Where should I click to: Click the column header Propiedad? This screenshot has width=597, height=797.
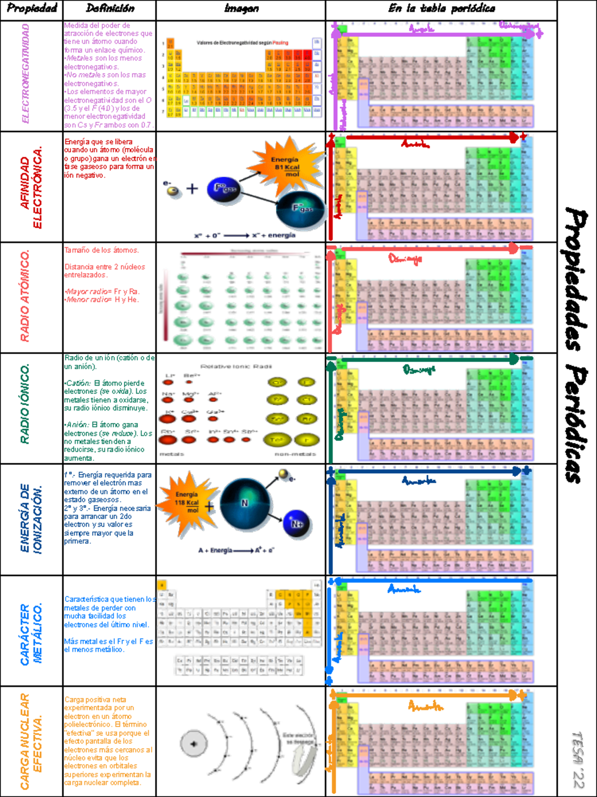coord(32,8)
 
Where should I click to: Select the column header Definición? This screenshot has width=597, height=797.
coord(110,8)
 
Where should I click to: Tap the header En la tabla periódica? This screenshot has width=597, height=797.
coord(441,8)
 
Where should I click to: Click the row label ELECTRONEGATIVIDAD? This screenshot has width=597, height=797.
coord(26,74)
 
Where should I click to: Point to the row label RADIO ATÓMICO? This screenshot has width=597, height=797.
coord(25,296)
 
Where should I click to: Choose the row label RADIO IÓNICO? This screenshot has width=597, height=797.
coord(25,403)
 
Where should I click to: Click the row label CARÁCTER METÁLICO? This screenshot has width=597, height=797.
coord(31,634)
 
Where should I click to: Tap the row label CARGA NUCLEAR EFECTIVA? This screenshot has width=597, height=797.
coord(31,741)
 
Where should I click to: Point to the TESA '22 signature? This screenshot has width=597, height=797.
coord(577,760)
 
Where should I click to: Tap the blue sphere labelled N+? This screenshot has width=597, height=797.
coord(297,524)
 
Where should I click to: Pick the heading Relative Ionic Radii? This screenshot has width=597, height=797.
coord(236,367)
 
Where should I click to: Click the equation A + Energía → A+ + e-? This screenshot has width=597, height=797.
coord(236,550)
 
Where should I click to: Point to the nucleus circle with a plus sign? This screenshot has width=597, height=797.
coord(194,744)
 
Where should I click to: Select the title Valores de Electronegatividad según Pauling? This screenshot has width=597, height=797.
coord(242,43)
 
